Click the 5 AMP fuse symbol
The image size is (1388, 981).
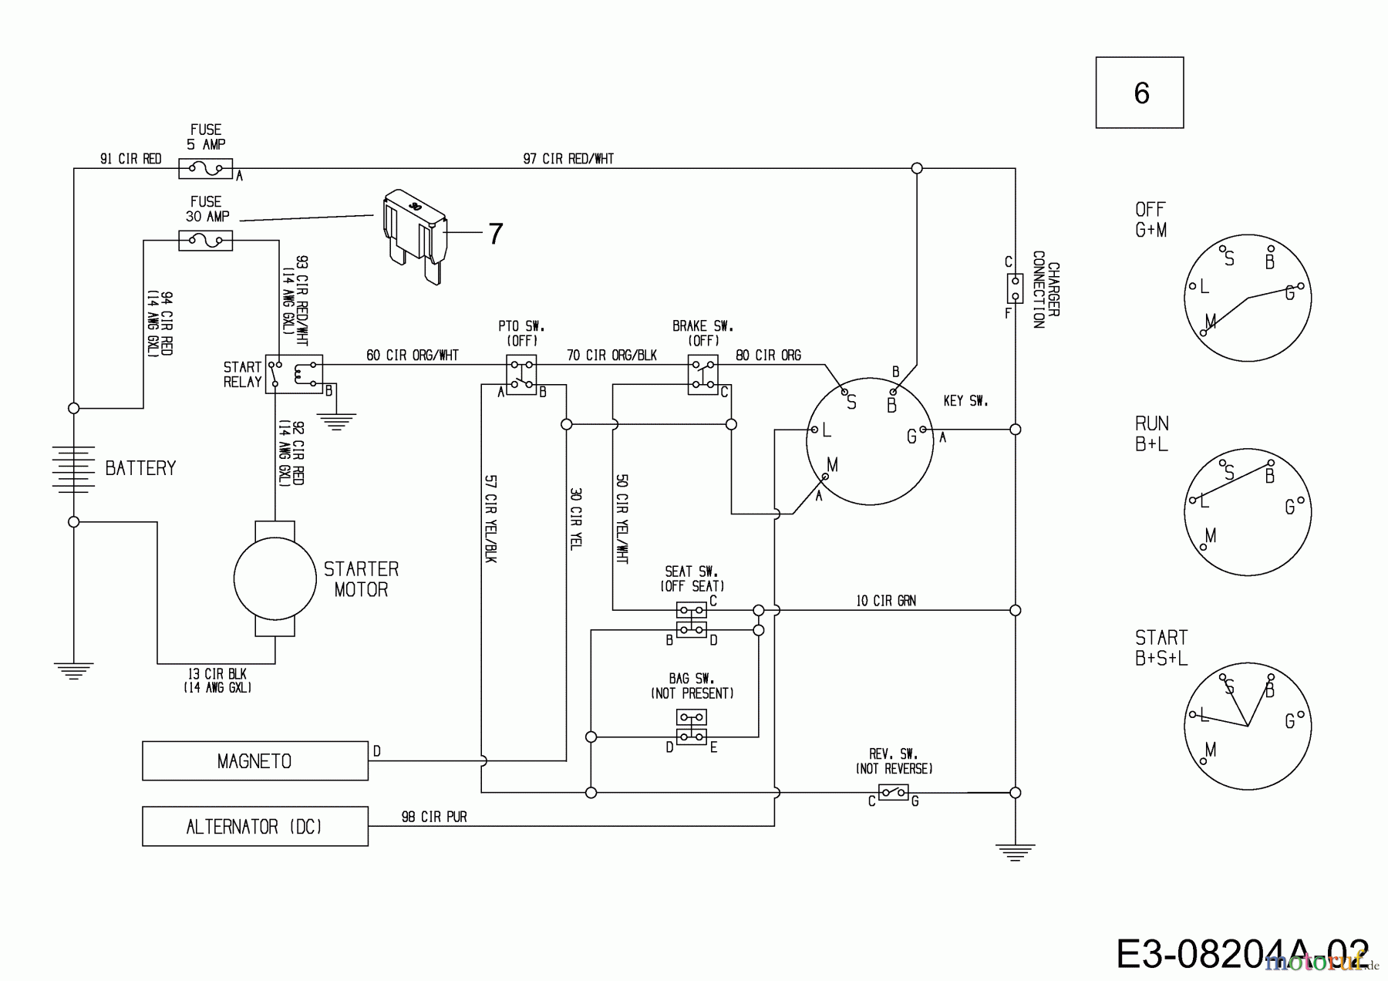tap(205, 168)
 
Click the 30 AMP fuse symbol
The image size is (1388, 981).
tap(205, 241)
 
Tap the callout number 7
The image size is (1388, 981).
tap(495, 233)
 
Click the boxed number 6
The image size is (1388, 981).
tap(1140, 93)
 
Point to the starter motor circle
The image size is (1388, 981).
tap(275, 578)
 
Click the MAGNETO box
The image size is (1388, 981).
tap(254, 761)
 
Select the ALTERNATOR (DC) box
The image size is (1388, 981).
tap(254, 827)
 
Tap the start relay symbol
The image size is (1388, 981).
tap(294, 374)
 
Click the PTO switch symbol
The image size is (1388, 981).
tap(521, 375)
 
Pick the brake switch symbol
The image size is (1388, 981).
tap(702, 375)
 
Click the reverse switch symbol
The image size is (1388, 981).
tap(893, 792)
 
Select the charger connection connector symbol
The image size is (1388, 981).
tap(1015, 288)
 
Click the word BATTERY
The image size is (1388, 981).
tap(140, 468)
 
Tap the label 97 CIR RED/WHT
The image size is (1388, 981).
tap(568, 159)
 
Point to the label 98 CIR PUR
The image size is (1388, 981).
tap(434, 817)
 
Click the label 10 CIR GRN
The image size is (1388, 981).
tap(886, 601)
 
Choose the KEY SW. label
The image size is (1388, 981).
tap(965, 401)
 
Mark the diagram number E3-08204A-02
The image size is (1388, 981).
tap(1241, 955)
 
